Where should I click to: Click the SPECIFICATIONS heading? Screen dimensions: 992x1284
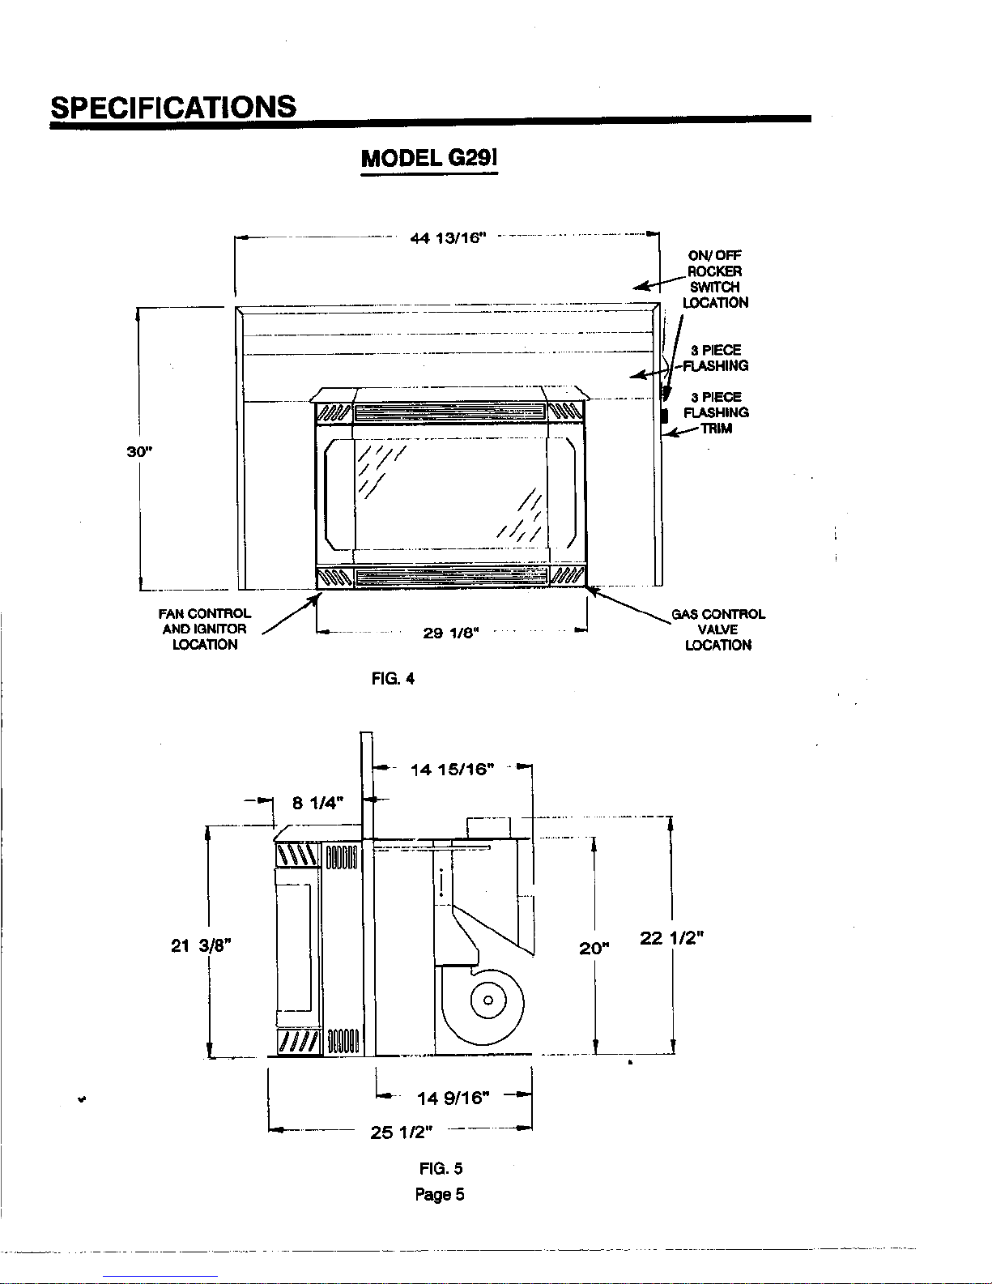point(173,107)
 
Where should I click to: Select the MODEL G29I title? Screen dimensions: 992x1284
point(429,158)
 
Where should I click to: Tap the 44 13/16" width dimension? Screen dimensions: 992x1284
point(448,238)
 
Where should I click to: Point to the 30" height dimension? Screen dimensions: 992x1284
point(139,452)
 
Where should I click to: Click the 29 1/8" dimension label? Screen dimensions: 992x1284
point(451,633)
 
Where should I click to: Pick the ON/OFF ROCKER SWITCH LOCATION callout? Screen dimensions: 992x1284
point(715,279)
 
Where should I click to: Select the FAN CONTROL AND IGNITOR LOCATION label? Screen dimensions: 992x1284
point(205,629)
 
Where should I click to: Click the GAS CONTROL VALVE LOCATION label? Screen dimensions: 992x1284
point(718,629)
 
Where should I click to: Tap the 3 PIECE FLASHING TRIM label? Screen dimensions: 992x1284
point(716,412)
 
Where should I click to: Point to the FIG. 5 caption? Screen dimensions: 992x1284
point(441,1168)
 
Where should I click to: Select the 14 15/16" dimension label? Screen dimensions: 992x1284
point(453,770)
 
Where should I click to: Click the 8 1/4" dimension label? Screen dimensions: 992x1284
point(317,803)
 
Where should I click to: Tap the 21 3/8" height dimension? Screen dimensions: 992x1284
point(201,946)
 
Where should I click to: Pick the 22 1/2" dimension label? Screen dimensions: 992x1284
point(672,938)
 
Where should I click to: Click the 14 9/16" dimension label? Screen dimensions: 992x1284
point(453,1098)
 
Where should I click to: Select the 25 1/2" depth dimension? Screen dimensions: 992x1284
point(402,1133)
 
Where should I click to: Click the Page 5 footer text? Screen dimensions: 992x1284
point(440,1194)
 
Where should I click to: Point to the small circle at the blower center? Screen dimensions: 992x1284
point(487,1000)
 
